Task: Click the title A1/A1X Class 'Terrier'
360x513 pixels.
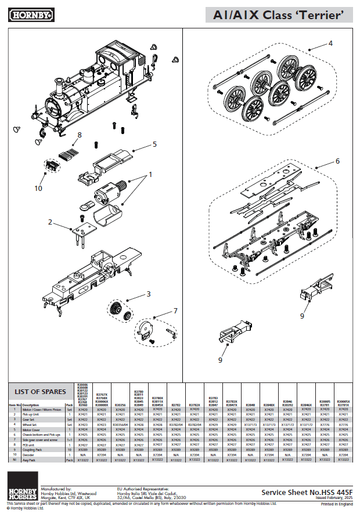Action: coord(278,15)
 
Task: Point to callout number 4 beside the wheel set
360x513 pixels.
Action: coord(330,43)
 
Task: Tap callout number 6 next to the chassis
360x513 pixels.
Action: coord(337,161)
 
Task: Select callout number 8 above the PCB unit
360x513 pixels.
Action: coord(79,135)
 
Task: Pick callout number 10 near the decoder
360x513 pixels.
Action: coord(38,187)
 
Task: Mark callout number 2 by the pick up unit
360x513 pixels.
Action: coord(51,222)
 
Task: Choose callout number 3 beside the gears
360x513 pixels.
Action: coord(148,294)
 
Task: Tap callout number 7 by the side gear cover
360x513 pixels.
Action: coord(175,311)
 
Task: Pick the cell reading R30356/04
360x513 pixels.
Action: coord(120,425)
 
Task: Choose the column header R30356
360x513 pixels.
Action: coord(120,405)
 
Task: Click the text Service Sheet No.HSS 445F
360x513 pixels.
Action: coord(306,492)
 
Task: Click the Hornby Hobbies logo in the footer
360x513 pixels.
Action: coord(22,487)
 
